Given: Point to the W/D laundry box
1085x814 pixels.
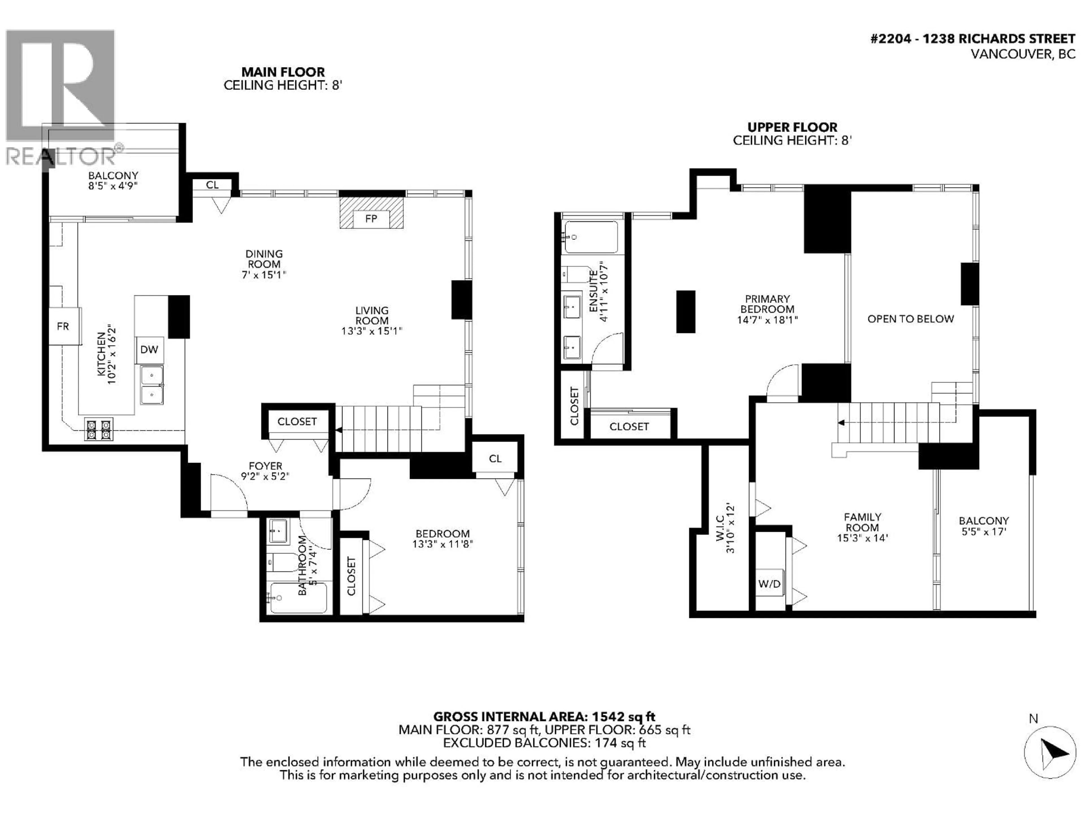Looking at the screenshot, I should (769, 584).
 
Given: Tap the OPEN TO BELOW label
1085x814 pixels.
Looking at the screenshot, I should (910, 319).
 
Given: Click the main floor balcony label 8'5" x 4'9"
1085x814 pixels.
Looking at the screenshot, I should (113, 181).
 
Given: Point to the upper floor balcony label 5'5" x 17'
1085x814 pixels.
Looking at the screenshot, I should (984, 526).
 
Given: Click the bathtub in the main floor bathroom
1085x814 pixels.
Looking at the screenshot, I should (298, 597).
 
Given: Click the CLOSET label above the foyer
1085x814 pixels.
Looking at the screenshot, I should (297, 421).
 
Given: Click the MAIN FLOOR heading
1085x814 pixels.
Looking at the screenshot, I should (283, 72).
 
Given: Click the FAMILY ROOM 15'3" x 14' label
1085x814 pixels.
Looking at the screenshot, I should (862, 527).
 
